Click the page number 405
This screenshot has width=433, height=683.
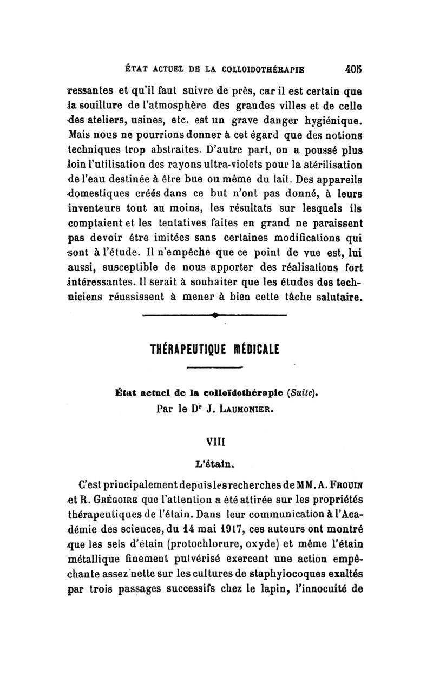(x=351, y=69)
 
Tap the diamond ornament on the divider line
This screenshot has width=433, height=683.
(x=215, y=314)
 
